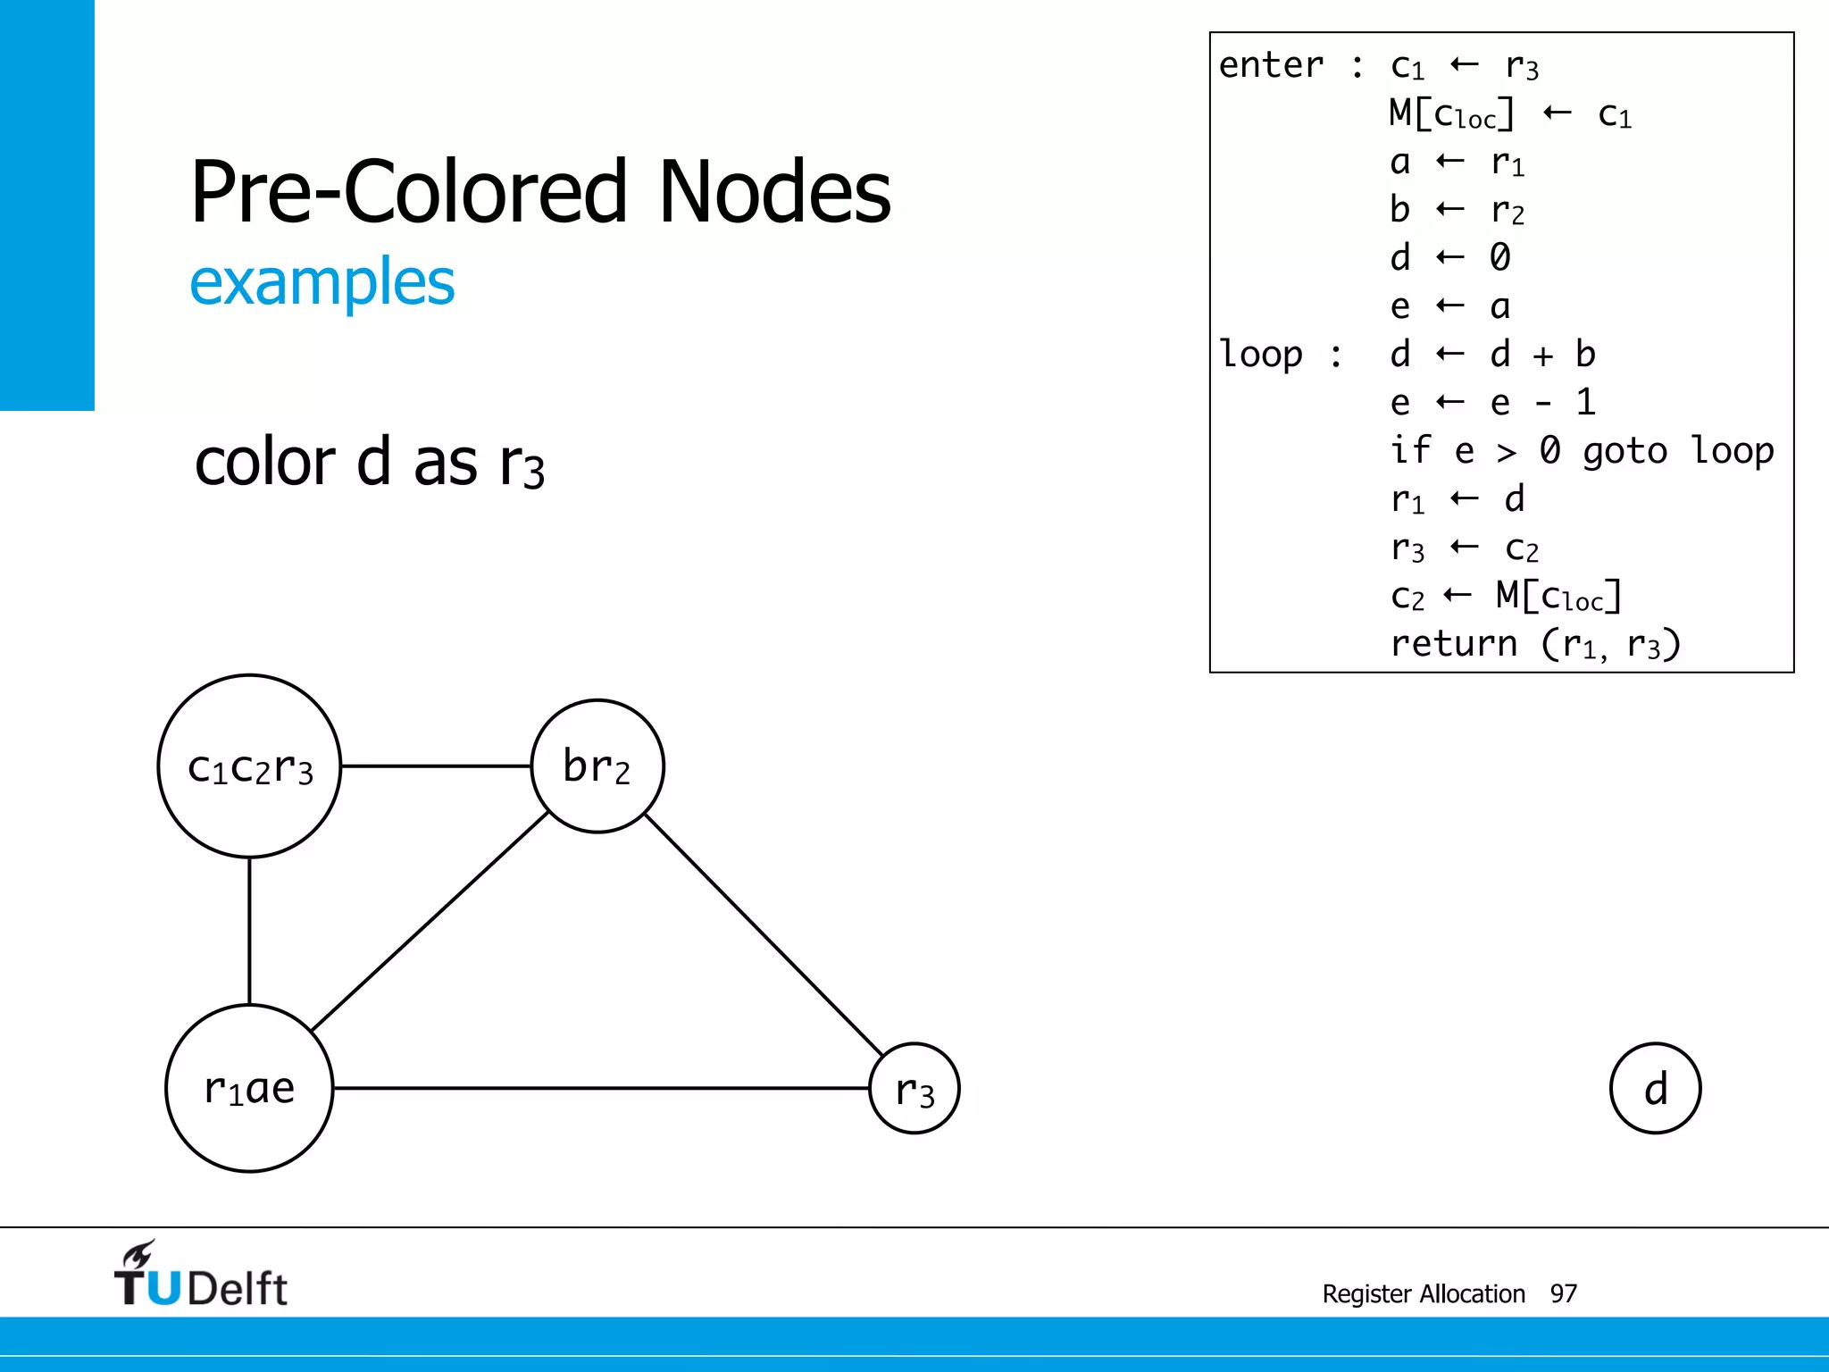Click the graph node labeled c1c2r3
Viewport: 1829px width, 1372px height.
[249, 766]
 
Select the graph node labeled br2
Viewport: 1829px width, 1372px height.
[597, 766]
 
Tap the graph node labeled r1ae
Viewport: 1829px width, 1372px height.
[249, 1088]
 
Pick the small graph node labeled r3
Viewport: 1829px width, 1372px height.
[914, 1089]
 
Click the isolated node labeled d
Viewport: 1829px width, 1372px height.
[1656, 1089]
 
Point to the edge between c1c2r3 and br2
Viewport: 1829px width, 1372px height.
[436, 766]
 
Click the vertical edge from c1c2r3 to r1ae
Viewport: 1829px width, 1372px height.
[249, 931]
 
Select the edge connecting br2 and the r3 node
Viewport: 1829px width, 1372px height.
[764, 935]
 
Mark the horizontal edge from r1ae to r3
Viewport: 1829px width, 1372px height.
[600, 1088]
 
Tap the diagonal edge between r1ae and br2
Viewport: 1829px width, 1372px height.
[430, 921]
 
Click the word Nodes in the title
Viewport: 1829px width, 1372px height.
[774, 192]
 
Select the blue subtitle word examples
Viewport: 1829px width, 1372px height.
[322, 282]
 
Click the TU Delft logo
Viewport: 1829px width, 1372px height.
[201, 1276]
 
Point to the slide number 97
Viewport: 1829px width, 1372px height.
[1564, 1293]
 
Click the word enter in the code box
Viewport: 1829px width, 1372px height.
[1271, 65]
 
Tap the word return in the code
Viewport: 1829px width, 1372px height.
[1454, 643]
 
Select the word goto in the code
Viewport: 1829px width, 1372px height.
[1624, 451]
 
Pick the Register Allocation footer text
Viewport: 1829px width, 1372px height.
[1424, 1293]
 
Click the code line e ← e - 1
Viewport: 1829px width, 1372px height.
[1492, 403]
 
